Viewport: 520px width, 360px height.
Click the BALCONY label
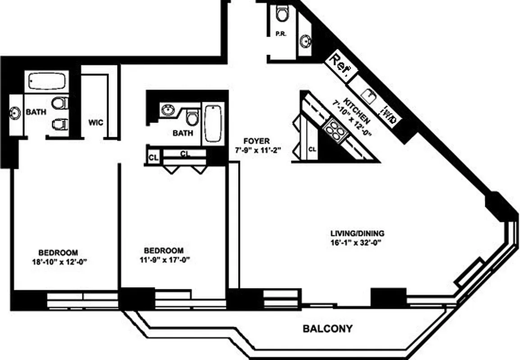[x=327, y=328]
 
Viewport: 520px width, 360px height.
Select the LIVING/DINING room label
[x=357, y=233]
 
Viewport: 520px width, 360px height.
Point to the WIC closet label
[x=95, y=122]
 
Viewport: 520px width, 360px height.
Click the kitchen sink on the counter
[x=370, y=95]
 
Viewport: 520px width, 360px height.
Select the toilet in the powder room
[x=282, y=14]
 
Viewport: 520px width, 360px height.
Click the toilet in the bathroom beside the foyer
[x=193, y=117]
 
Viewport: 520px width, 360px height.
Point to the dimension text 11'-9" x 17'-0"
[x=164, y=259]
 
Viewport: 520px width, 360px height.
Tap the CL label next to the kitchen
[x=312, y=148]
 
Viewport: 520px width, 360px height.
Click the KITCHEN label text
[x=357, y=110]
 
